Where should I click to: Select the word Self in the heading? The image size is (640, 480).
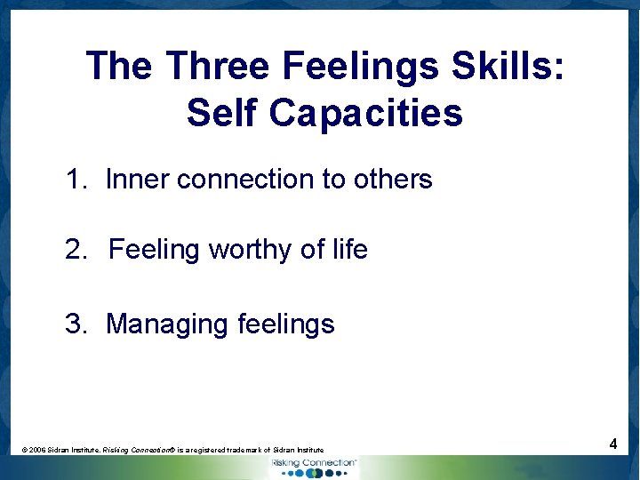222,113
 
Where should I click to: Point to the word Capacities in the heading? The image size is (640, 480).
365,113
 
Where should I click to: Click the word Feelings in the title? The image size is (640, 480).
364,67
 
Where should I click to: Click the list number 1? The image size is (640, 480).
76,180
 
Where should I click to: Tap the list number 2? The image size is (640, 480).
76,251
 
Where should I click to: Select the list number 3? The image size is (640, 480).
76,324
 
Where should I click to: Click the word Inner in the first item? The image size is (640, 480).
138,180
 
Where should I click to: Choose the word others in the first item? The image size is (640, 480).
392,180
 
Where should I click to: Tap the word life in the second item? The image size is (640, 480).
349,251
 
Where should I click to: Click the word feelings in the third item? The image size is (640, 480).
286,324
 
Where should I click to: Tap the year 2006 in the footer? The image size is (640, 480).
36,451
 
